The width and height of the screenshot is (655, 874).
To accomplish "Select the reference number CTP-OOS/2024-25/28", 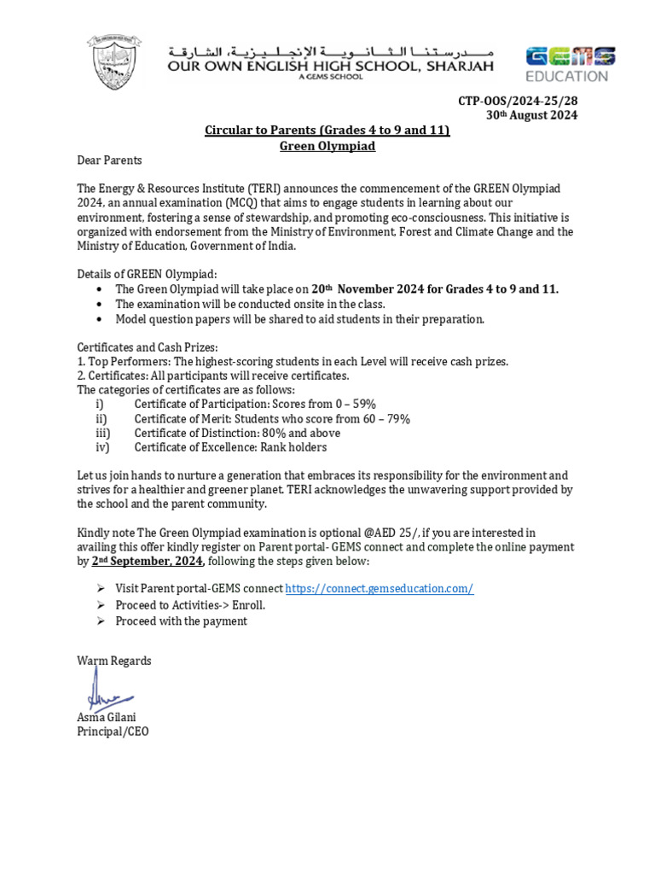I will coord(518,101).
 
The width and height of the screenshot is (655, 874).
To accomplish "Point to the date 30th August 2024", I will coord(531,115).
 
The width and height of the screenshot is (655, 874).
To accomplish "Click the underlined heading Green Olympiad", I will coord(327,145).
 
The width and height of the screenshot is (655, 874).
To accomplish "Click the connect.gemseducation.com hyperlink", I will coord(379,589).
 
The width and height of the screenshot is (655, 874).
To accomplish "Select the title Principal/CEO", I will coord(113,731).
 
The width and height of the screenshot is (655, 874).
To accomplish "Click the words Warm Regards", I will coord(114,661).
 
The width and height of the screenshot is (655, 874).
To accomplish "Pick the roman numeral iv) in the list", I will coord(101,447).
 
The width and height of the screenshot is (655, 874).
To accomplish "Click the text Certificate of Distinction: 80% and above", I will coord(237,433).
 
